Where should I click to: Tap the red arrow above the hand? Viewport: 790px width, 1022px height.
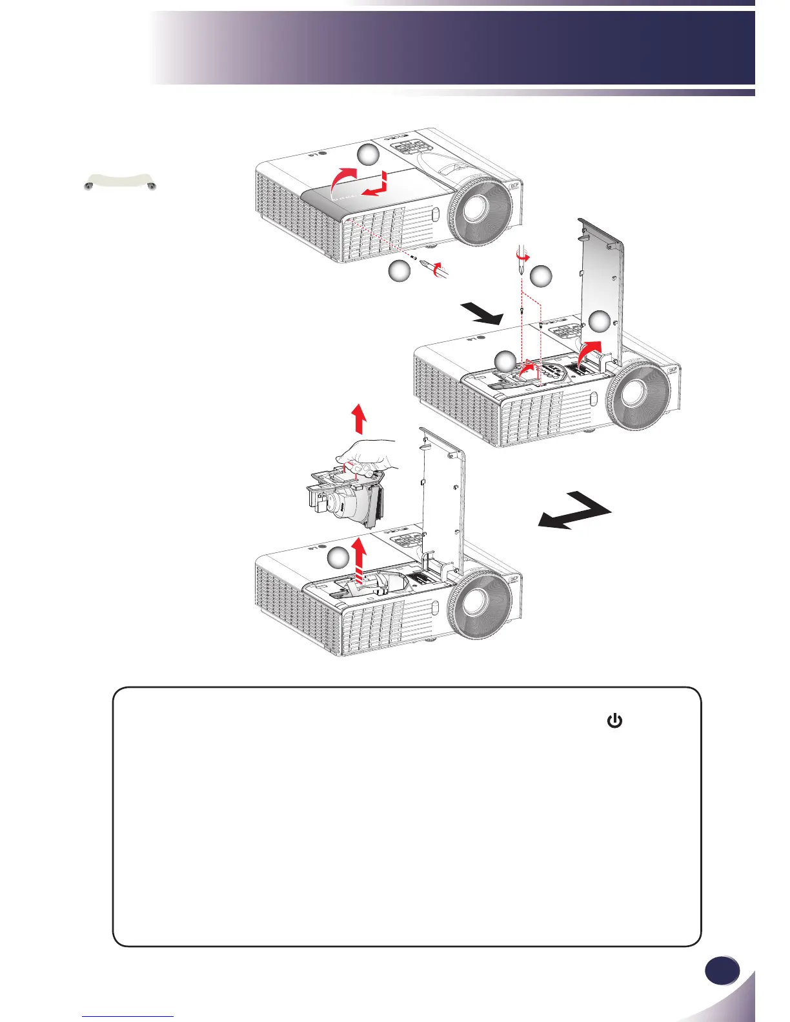point(360,419)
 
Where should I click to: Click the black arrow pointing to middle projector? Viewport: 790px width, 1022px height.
point(484,314)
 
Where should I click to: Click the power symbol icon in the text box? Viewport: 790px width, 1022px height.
point(614,721)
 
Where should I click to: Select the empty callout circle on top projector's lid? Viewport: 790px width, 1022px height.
point(369,155)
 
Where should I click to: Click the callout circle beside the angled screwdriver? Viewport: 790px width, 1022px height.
point(400,272)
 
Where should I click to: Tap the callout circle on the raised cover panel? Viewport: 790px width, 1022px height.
point(600,322)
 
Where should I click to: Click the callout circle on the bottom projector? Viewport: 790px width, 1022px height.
point(338,559)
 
